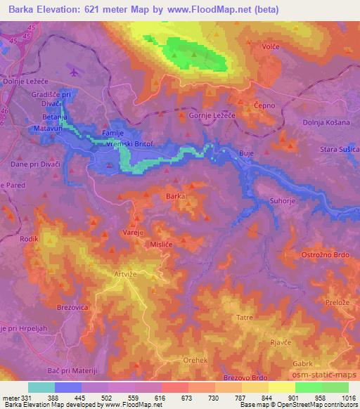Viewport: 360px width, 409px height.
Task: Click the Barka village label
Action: pos(176,197)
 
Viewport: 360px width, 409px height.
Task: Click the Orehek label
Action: pos(194,360)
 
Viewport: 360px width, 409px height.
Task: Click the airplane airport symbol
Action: pos(75,70)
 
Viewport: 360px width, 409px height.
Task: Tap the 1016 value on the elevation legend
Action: pos(349,398)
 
